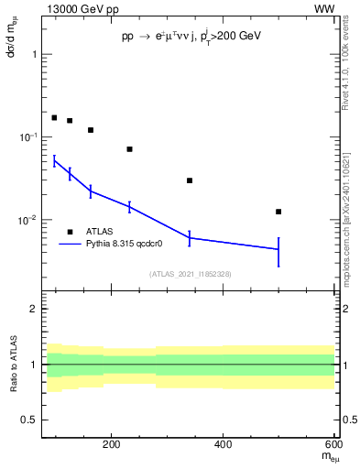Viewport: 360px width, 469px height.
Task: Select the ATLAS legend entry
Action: (100, 232)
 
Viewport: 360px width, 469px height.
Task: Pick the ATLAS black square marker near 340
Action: (190, 180)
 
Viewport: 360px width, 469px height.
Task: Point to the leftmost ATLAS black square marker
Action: (54, 117)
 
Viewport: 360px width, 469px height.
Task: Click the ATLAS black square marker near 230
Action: (129, 148)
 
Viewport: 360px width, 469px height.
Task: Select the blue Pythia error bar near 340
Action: (190, 237)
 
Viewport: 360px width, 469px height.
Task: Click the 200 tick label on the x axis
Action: (112, 445)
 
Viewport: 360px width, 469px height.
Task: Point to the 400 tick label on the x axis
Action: (224, 445)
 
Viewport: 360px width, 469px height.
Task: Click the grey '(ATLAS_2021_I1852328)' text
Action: (190, 274)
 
